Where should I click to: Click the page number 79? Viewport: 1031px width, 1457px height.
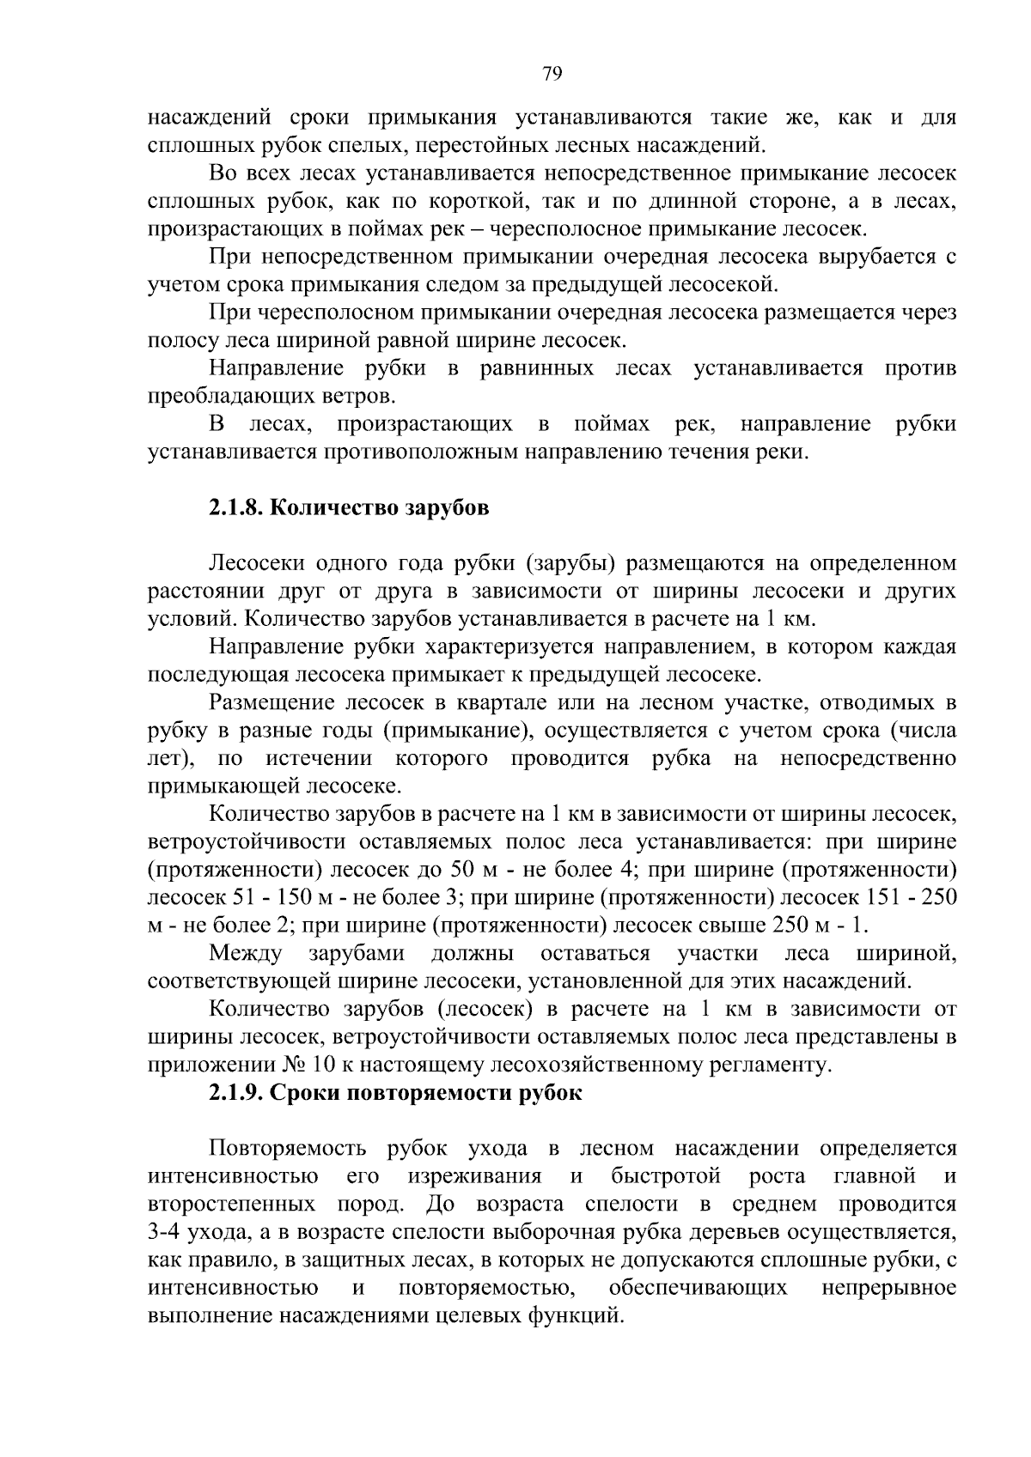552,74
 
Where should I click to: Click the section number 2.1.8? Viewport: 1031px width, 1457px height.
235,507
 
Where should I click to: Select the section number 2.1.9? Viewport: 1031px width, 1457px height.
235,1094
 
